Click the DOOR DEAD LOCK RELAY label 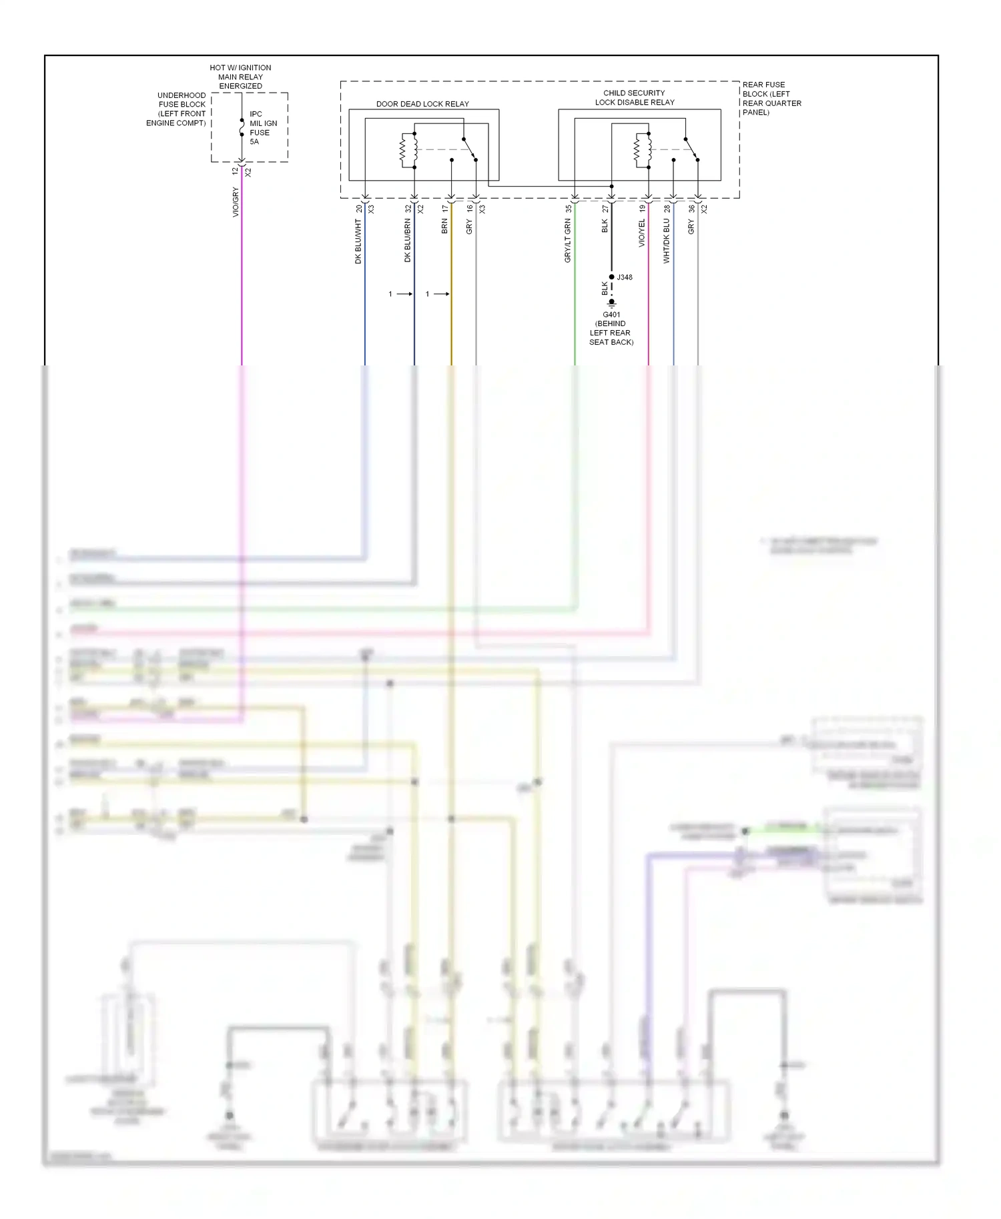(x=422, y=104)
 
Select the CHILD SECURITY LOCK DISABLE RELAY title (x=634, y=97)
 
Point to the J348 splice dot (x=611, y=277)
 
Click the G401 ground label (x=611, y=328)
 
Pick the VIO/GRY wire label (x=236, y=202)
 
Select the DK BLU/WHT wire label (x=358, y=242)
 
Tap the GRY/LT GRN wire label (x=568, y=241)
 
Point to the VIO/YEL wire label (x=642, y=233)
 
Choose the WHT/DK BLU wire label (x=666, y=241)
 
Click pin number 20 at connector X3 (x=359, y=209)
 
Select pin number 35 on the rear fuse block (x=568, y=209)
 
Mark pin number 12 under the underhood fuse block (x=235, y=171)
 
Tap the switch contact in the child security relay (x=691, y=149)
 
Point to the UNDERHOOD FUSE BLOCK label (x=178, y=109)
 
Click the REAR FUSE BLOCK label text (x=771, y=99)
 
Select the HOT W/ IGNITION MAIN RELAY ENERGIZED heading (x=240, y=77)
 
